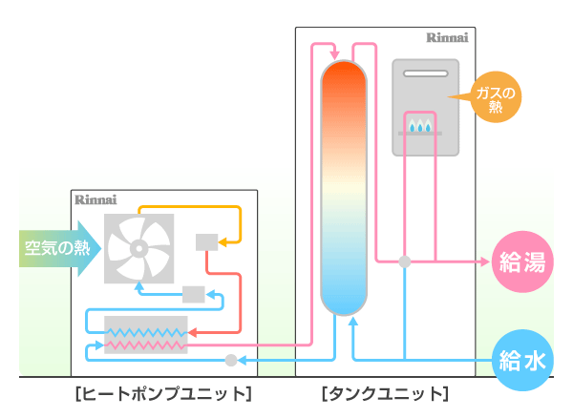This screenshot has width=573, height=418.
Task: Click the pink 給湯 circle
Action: coord(522,261)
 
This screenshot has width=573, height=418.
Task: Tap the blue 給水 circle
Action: coord(522,360)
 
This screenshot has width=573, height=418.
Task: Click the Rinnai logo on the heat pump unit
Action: coord(96,200)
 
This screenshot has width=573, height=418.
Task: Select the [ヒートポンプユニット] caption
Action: coord(161,393)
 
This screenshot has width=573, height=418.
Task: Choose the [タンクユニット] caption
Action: coord(385,393)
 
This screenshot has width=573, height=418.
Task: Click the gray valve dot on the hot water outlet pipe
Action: coord(404,261)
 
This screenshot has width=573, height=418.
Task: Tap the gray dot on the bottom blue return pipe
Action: coord(230,360)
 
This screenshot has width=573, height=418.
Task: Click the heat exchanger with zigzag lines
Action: coord(146,333)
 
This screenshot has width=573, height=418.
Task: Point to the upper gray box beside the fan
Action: coord(206,241)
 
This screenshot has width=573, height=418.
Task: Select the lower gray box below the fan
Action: coord(193,293)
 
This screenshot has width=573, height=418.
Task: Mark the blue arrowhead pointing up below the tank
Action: coord(353,324)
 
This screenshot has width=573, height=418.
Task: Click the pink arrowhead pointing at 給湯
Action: coord(483,261)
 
